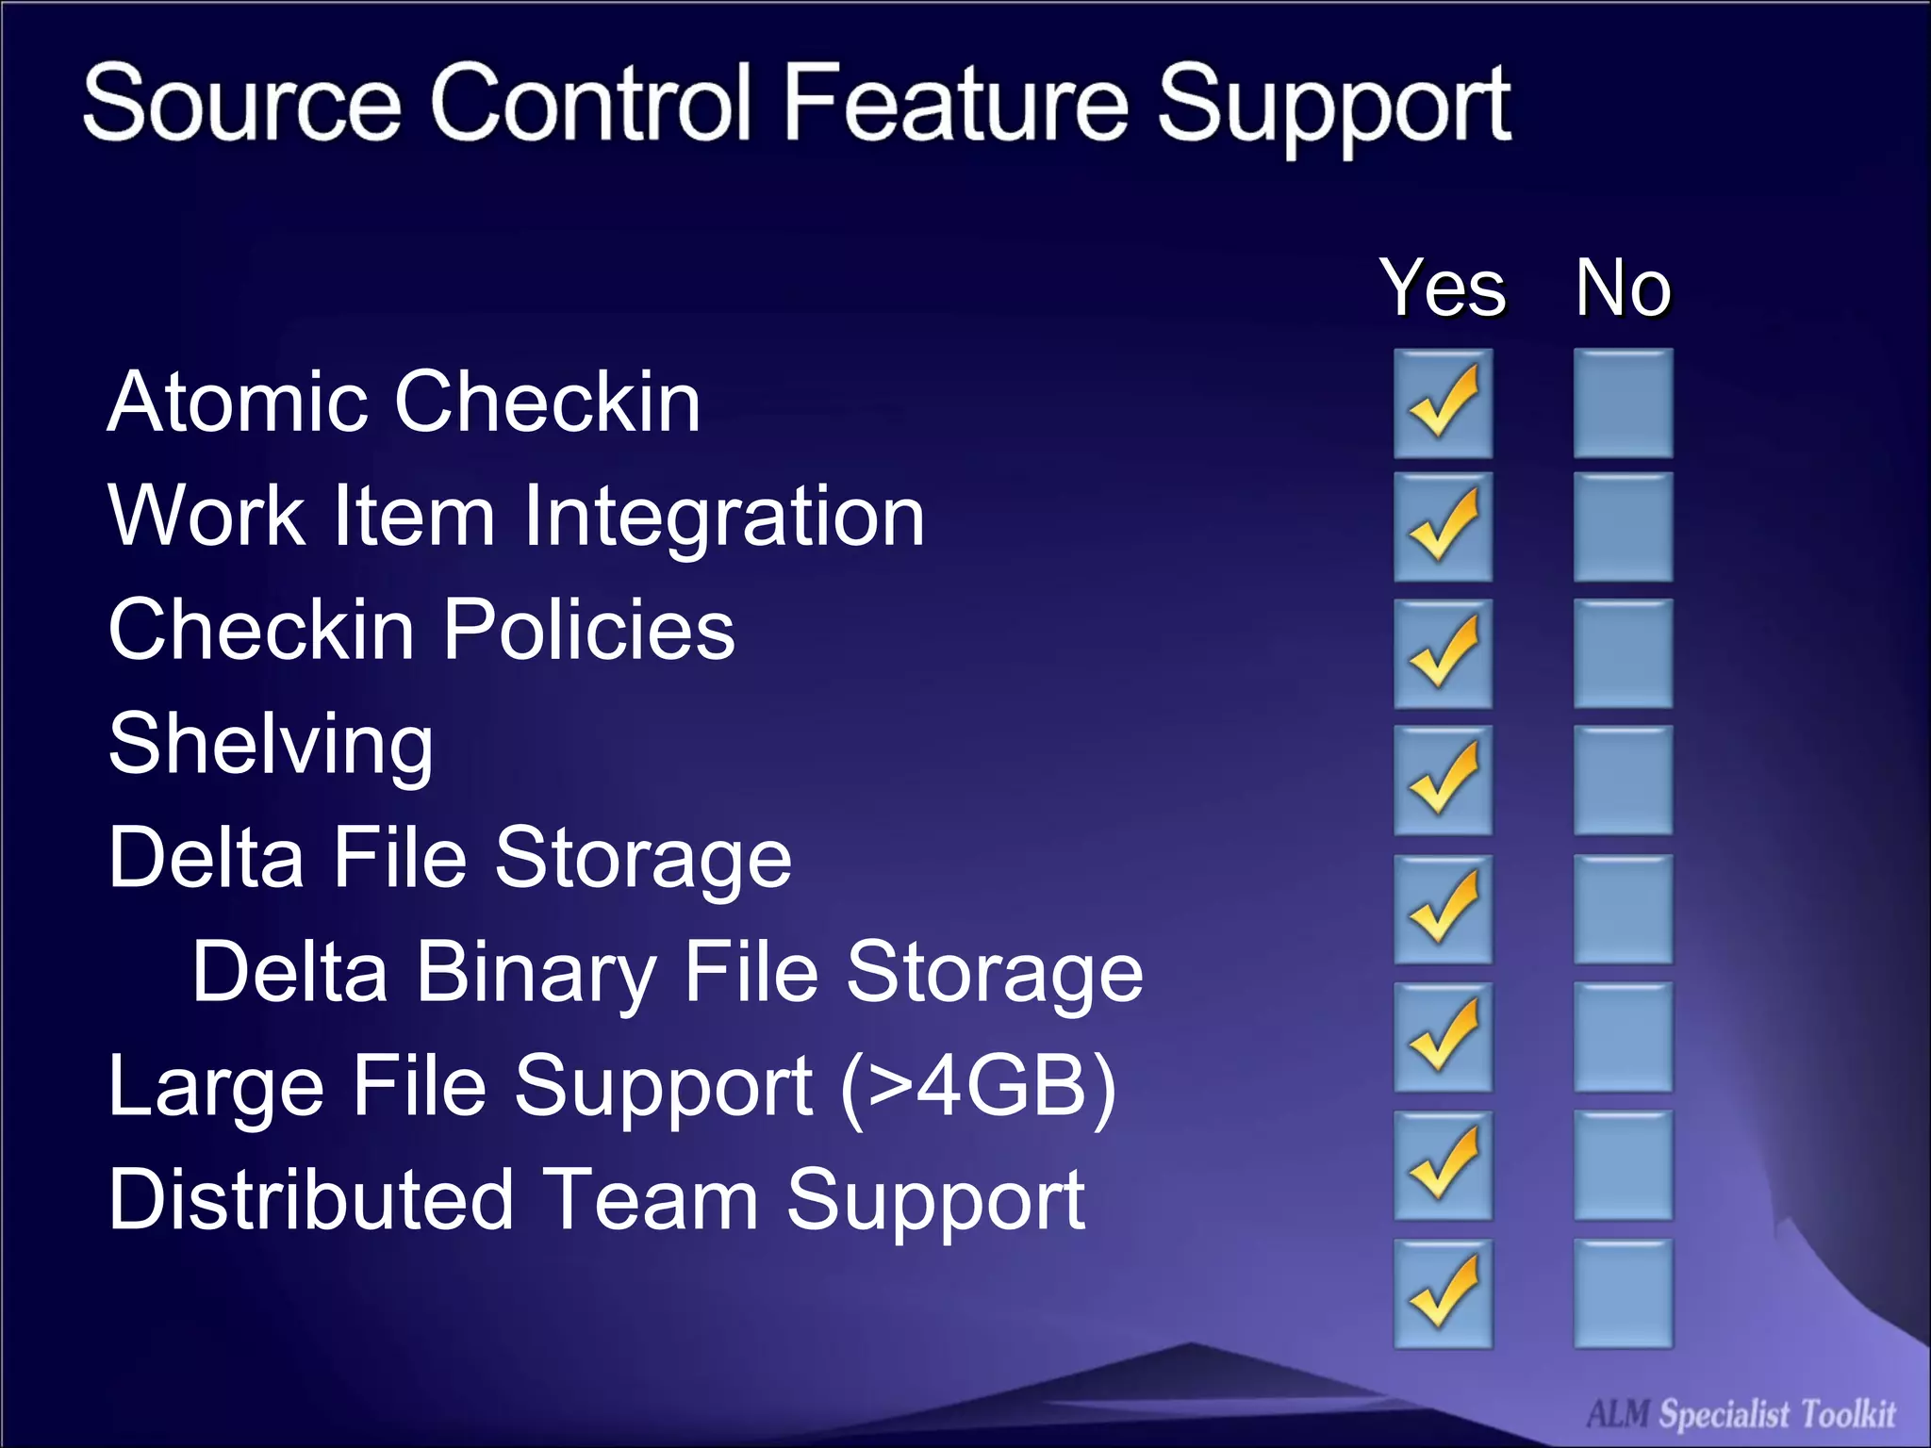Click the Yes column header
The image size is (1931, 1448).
[1443, 288]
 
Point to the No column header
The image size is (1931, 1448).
[1623, 288]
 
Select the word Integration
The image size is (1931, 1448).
[723, 516]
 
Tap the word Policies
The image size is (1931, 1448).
[588, 630]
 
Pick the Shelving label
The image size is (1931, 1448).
[271, 745]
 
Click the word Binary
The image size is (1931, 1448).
[536, 972]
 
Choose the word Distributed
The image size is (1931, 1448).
[311, 1200]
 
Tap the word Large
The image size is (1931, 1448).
[216, 1086]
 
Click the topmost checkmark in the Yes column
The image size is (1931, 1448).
[1443, 403]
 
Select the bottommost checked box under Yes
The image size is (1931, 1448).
[1443, 1293]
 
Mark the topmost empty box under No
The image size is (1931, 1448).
[1623, 403]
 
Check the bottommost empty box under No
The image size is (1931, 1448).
[1623, 1293]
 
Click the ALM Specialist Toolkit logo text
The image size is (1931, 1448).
[1741, 1414]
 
